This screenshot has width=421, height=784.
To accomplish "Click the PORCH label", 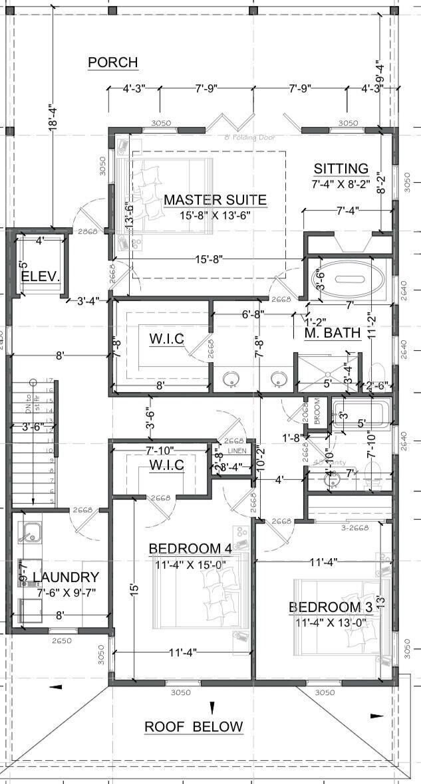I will pos(113,62).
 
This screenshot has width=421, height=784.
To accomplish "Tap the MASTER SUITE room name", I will pos(215,199).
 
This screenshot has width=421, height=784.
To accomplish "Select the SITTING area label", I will pos(341,169).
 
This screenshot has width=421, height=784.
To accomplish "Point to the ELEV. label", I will pos(41,276).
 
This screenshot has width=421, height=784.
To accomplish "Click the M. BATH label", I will pos(333,332).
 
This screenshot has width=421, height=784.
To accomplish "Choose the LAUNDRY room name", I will pos(66,577).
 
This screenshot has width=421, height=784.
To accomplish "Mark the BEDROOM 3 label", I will pos(329,607).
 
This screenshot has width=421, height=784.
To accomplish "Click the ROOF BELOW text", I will pos(194,726).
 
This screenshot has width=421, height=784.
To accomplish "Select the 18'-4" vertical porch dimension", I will pos(52,120).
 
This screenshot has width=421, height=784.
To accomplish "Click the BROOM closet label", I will pos(316,411).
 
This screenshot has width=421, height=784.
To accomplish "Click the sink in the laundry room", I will pos(29,532).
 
